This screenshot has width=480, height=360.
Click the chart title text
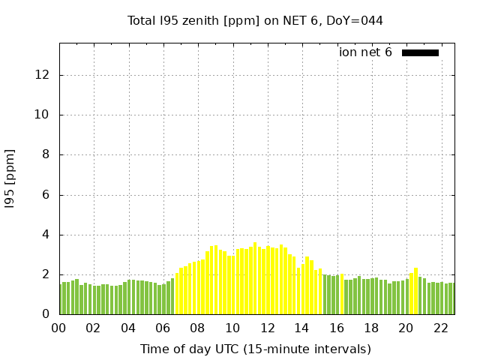tap(255, 21)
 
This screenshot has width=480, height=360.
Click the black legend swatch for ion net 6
tap(420, 52)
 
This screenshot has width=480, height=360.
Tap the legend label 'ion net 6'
tap(365, 52)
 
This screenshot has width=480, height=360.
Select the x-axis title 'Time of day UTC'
tap(255, 349)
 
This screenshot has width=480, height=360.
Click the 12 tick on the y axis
tap(44, 75)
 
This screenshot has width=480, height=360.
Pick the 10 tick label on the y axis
tap(44, 115)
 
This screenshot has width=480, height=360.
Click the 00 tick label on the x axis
tap(59, 328)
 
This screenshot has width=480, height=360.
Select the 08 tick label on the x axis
tap(197, 328)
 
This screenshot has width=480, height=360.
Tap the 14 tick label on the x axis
tap(301, 328)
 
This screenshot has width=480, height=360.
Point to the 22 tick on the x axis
tap(440, 328)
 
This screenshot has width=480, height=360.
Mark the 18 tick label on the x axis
tap(370, 328)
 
